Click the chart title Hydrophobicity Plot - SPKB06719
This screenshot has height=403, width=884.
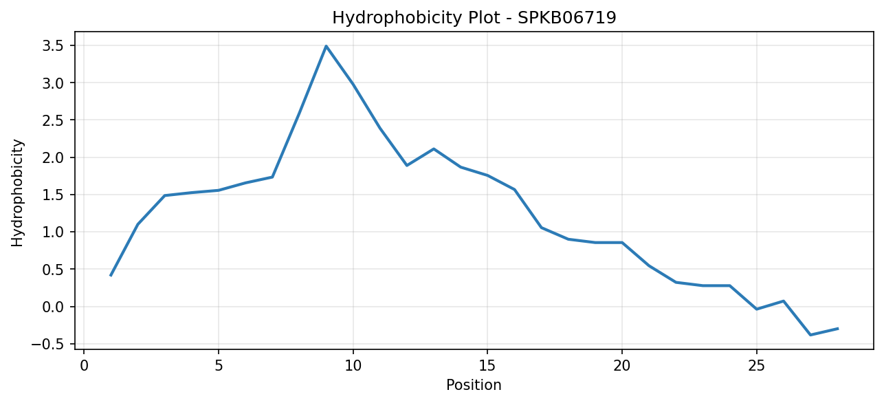[474, 18]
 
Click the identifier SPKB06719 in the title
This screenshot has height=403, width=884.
[566, 18]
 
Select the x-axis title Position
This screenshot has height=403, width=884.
[474, 385]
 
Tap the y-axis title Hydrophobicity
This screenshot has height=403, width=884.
[17, 193]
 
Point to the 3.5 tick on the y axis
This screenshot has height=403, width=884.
[53, 46]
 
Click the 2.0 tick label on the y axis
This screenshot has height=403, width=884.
[53, 157]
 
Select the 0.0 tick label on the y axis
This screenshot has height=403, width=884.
[53, 307]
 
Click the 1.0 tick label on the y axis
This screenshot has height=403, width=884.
[53, 232]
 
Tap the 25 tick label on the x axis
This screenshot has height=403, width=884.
[757, 366]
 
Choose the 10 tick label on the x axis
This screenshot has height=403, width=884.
[353, 366]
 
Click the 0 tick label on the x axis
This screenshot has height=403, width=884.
[84, 366]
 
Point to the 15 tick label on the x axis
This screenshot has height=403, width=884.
[487, 366]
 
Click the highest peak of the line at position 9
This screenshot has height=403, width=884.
[326, 46]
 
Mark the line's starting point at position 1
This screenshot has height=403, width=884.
[111, 276]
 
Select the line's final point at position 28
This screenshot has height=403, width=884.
[837, 329]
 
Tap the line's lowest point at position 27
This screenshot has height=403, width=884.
[810, 335]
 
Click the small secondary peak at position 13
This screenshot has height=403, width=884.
[434, 149]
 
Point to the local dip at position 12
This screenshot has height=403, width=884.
[407, 165]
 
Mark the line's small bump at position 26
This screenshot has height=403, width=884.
[784, 301]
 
